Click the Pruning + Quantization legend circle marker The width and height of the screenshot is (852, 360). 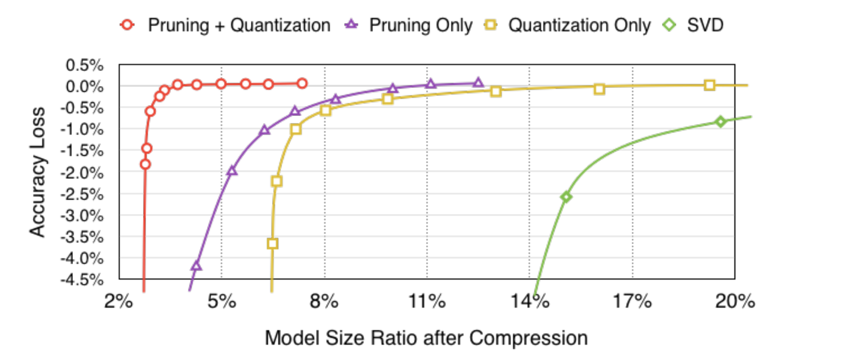[x=127, y=25]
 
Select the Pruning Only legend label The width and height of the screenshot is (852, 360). [x=420, y=25]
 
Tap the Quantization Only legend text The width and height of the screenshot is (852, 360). [x=579, y=25]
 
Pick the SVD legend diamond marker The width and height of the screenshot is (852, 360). [x=670, y=25]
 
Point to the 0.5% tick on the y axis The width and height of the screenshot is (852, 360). [x=85, y=65]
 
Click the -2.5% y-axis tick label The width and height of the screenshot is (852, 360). [x=82, y=194]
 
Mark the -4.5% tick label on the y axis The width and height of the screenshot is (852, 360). [x=82, y=280]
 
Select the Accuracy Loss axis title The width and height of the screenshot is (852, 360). [x=37, y=172]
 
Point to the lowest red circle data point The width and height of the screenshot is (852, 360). [x=145, y=164]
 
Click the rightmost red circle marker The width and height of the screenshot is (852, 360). [x=302, y=84]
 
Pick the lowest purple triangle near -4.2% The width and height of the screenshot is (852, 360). [x=196, y=266]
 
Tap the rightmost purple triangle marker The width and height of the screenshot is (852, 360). [x=478, y=83]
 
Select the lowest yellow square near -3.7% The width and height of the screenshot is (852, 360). [x=273, y=244]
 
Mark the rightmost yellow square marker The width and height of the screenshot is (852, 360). [x=709, y=85]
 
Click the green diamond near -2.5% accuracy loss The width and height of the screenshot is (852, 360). [x=566, y=197]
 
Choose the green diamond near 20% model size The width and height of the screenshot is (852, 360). [x=721, y=122]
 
